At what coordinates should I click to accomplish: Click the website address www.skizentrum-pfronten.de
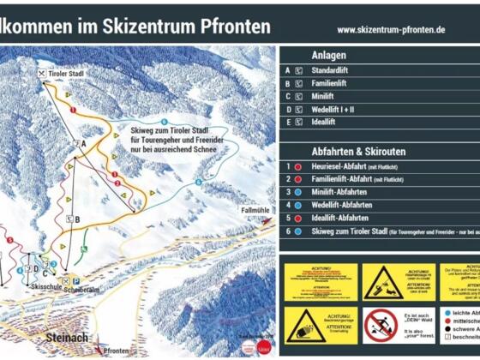point(390,29)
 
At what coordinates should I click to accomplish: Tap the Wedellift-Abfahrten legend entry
point(341,206)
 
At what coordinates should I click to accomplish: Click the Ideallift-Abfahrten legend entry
point(339,219)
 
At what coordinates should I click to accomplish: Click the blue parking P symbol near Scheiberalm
point(75,280)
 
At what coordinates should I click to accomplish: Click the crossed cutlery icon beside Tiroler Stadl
point(40,75)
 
